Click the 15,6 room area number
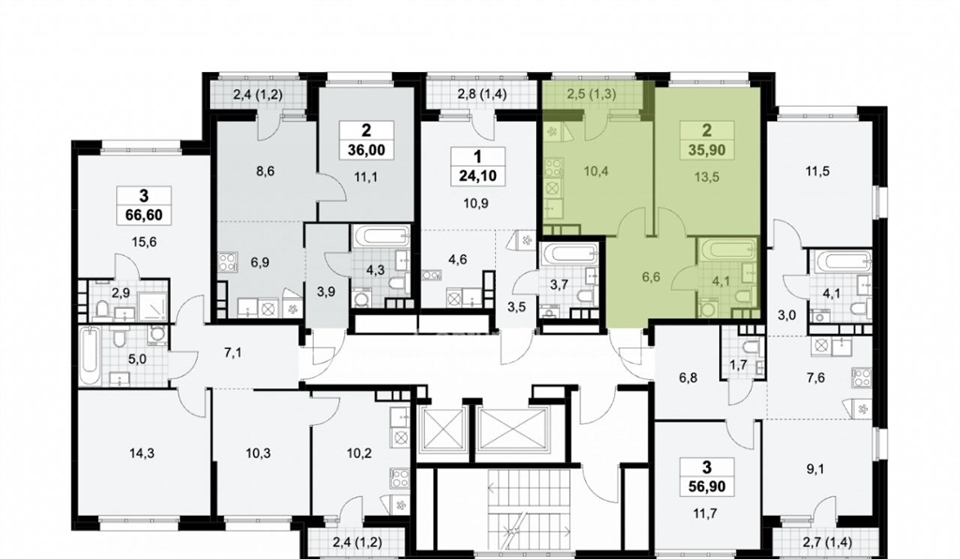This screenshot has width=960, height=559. click(x=143, y=242)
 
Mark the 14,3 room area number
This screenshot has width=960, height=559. click(x=142, y=454)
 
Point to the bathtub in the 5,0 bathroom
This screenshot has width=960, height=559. click(x=89, y=356)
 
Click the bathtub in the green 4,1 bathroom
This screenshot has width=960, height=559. click(x=727, y=249)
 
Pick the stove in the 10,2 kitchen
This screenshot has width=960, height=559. click(x=400, y=477)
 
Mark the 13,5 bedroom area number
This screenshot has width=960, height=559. click(x=707, y=177)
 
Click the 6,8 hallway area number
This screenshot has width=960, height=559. click(x=688, y=378)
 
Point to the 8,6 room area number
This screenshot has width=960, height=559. click(x=264, y=172)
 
